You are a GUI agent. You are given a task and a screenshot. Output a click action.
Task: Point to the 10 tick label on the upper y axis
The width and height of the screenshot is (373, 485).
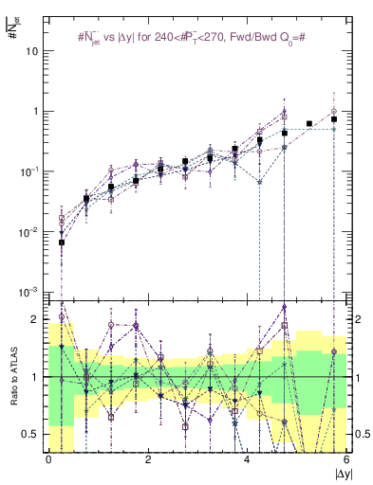tap(31, 51)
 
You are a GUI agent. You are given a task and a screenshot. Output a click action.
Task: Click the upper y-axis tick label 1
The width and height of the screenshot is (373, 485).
tap(35, 112)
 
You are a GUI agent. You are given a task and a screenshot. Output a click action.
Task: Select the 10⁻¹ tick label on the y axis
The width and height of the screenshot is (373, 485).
tap(29, 171)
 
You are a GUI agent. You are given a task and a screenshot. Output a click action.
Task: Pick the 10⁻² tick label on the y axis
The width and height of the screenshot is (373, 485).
tap(29, 231)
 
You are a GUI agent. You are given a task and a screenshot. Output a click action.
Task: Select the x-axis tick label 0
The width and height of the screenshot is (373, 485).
tap(48, 459)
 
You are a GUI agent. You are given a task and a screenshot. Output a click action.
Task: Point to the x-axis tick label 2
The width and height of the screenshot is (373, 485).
tap(148, 459)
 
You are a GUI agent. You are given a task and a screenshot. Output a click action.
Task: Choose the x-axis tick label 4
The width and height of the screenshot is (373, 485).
tap(247, 459)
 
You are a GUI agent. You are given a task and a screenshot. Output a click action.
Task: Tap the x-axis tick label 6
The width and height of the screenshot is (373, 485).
tap(346, 459)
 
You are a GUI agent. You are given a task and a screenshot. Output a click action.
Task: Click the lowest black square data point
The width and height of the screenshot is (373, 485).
tap(62, 242)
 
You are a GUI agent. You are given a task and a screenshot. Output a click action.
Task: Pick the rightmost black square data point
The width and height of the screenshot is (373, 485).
tap(334, 119)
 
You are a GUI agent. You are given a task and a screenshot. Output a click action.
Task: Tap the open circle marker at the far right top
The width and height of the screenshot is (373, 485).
tap(334, 111)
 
